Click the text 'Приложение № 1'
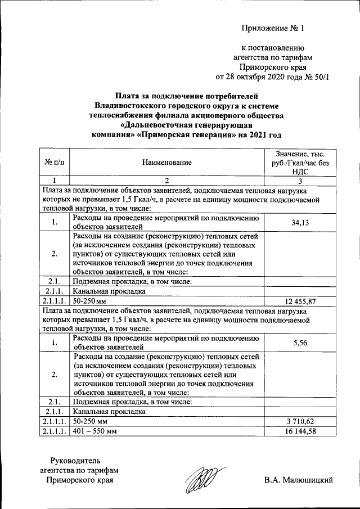[x=272, y=28]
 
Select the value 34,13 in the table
[x=300, y=223]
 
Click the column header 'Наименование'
[x=166, y=163]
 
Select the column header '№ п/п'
[x=54, y=163]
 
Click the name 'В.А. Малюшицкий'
[x=299, y=480]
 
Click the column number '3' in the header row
[x=300, y=181]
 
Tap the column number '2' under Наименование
[x=166, y=181]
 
